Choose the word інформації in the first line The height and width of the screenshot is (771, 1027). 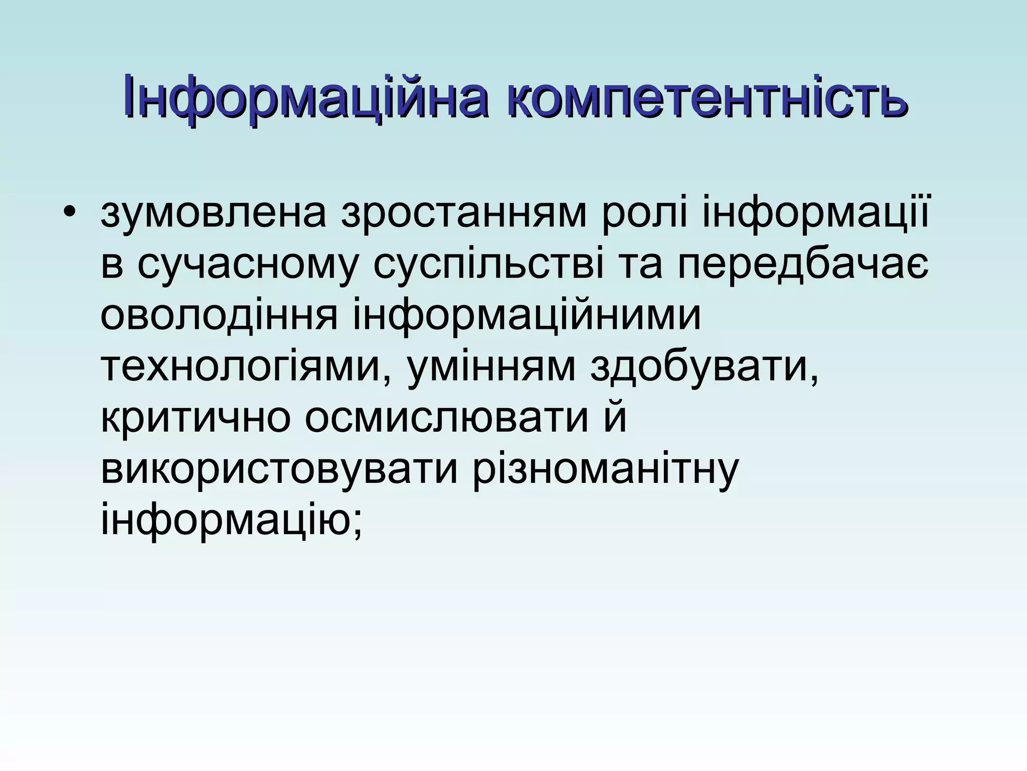click(815, 214)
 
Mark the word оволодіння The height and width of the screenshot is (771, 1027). click(219, 317)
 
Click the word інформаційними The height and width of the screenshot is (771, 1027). click(527, 317)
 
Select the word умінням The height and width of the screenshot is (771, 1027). click(491, 369)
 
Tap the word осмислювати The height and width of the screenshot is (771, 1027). click(446, 421)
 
